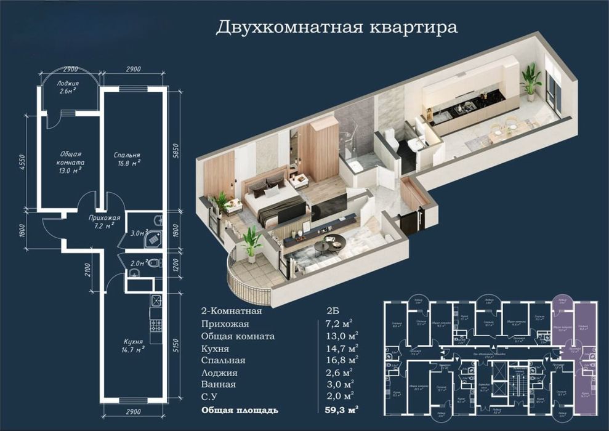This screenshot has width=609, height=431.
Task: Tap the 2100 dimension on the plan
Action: (89, 269)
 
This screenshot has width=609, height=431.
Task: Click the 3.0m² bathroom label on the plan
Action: (140, 233)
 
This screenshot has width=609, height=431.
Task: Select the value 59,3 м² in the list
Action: (341, 409)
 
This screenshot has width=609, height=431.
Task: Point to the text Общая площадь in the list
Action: (240, 409)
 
